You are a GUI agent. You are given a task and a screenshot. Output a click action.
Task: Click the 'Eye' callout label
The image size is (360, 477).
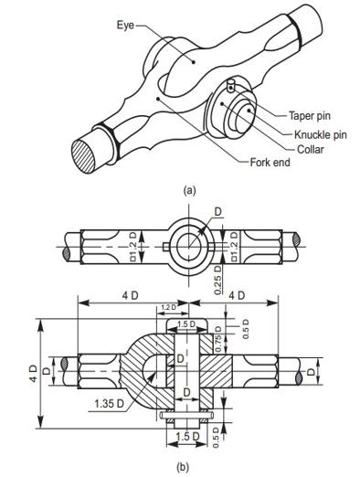(x=125, y=25)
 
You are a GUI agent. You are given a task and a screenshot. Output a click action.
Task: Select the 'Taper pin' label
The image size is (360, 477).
(x=310, y=116)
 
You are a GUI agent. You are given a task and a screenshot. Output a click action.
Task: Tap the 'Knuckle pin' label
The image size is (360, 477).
(x=321, y=134)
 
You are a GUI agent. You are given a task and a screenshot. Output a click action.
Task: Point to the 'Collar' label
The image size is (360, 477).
(x=311, y=149)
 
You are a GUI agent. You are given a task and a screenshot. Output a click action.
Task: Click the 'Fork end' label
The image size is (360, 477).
(x=270, y=163)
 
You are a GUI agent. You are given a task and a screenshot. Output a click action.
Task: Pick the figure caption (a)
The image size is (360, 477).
(x=189, y=190)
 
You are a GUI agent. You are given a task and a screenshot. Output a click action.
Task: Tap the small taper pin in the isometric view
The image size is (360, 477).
(x=231, y=85)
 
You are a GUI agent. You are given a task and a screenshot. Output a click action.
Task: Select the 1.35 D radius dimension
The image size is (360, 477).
(x=110, y=404)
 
